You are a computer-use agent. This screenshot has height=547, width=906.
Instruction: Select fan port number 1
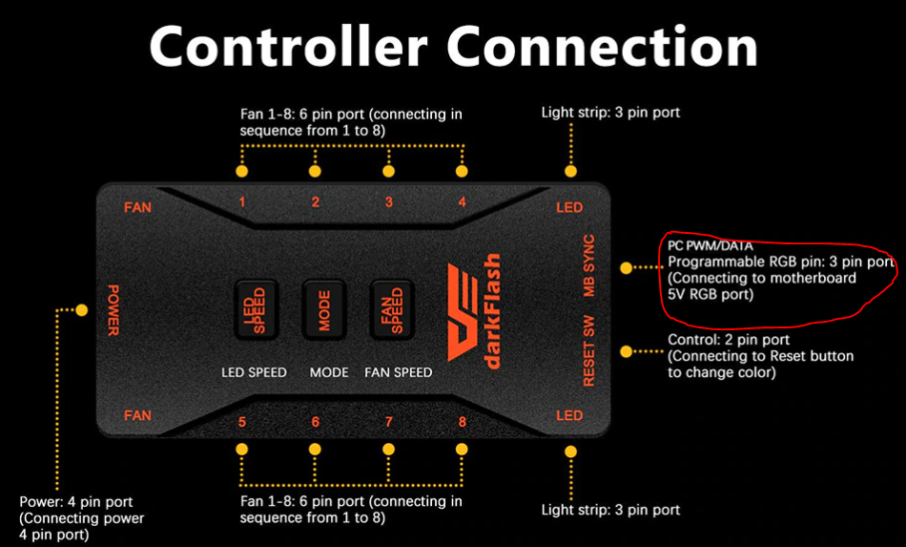pos(242,202)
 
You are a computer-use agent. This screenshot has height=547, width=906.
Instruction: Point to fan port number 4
pos(462,202)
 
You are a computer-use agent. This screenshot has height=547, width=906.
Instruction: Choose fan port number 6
pos(316,422)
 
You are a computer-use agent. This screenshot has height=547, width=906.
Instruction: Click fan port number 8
pos(462,422)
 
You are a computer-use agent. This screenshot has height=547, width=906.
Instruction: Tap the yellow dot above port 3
pos(388,172)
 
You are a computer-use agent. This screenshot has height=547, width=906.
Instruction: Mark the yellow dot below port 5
pos(242,449)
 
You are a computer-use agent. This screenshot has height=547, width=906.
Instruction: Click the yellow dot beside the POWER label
pos(82,310)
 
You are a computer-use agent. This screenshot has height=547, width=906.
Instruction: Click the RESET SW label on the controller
pos(588,351)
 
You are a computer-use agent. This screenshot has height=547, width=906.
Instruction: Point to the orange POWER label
pos(113,310)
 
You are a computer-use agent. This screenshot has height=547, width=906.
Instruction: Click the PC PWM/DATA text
pos(710,246)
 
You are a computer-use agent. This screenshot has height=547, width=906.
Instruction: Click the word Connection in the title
pos(604,45)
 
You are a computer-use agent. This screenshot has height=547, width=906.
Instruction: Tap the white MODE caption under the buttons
pos(329,372)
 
